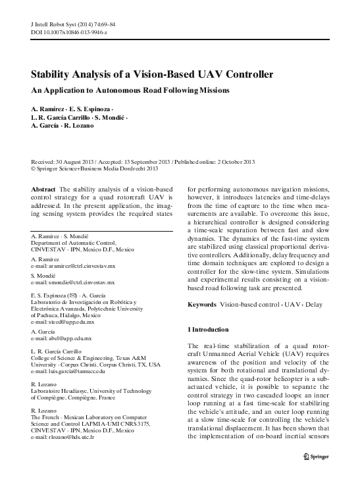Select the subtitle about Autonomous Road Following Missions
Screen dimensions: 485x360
[x=130, y=89]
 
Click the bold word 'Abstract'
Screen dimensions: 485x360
[x=43, y=189]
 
